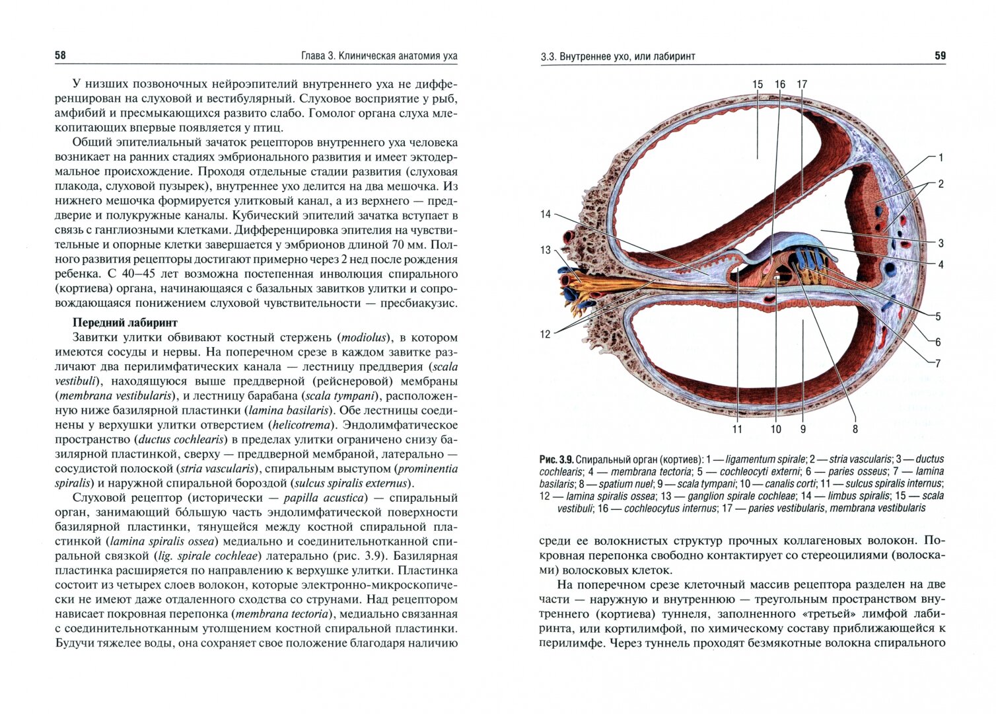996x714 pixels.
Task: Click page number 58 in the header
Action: click(60, 56)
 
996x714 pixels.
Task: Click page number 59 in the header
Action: click(940, 56)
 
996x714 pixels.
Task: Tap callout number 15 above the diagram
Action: click(757, 85)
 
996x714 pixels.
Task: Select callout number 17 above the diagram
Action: click(802, 85)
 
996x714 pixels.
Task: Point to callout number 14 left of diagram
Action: click(545, 214)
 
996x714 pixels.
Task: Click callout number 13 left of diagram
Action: click(545, 251)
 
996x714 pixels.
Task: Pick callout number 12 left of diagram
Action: click(545, 335)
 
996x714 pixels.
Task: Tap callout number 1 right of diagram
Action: click(941, 158)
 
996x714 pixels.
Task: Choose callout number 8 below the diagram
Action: click(855, 429)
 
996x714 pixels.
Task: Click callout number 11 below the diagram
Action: click(737, 429)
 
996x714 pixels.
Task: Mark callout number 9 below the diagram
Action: click(803, 429)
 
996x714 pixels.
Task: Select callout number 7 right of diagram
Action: click(938, 363)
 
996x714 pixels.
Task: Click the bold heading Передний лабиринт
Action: click(125, 323)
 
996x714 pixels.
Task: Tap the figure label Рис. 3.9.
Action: click(555, 459)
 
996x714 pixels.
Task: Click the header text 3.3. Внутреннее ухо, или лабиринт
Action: click(618, 57)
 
